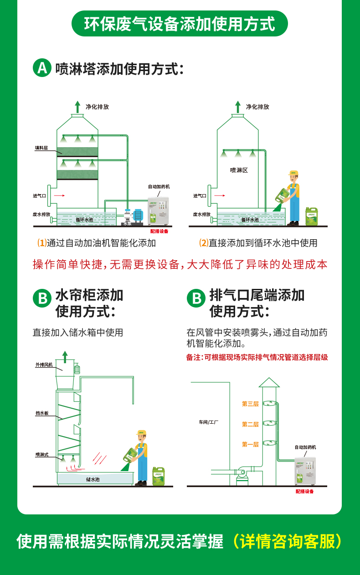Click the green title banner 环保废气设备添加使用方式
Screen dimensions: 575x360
(180, 24)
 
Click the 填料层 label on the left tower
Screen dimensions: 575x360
(41, 148)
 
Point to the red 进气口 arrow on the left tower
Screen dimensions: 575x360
(59, 195)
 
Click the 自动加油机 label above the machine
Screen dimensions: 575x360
(159, 186)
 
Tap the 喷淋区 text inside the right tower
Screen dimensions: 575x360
(239, 170)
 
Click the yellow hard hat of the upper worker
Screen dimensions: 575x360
(293, 173)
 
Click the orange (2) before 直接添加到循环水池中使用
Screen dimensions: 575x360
(204, 243)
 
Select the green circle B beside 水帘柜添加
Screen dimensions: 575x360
(42, 299)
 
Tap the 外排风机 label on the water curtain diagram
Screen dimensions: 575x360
(44, 365)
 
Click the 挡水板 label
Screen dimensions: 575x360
(42, 413)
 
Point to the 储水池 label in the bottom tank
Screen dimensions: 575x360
(93, 479)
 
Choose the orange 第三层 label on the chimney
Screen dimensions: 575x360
(250, 404)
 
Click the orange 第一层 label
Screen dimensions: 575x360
(250, 444)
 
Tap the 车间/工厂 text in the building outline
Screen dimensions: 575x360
(208, 422)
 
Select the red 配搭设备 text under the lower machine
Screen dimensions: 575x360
(304, 491)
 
